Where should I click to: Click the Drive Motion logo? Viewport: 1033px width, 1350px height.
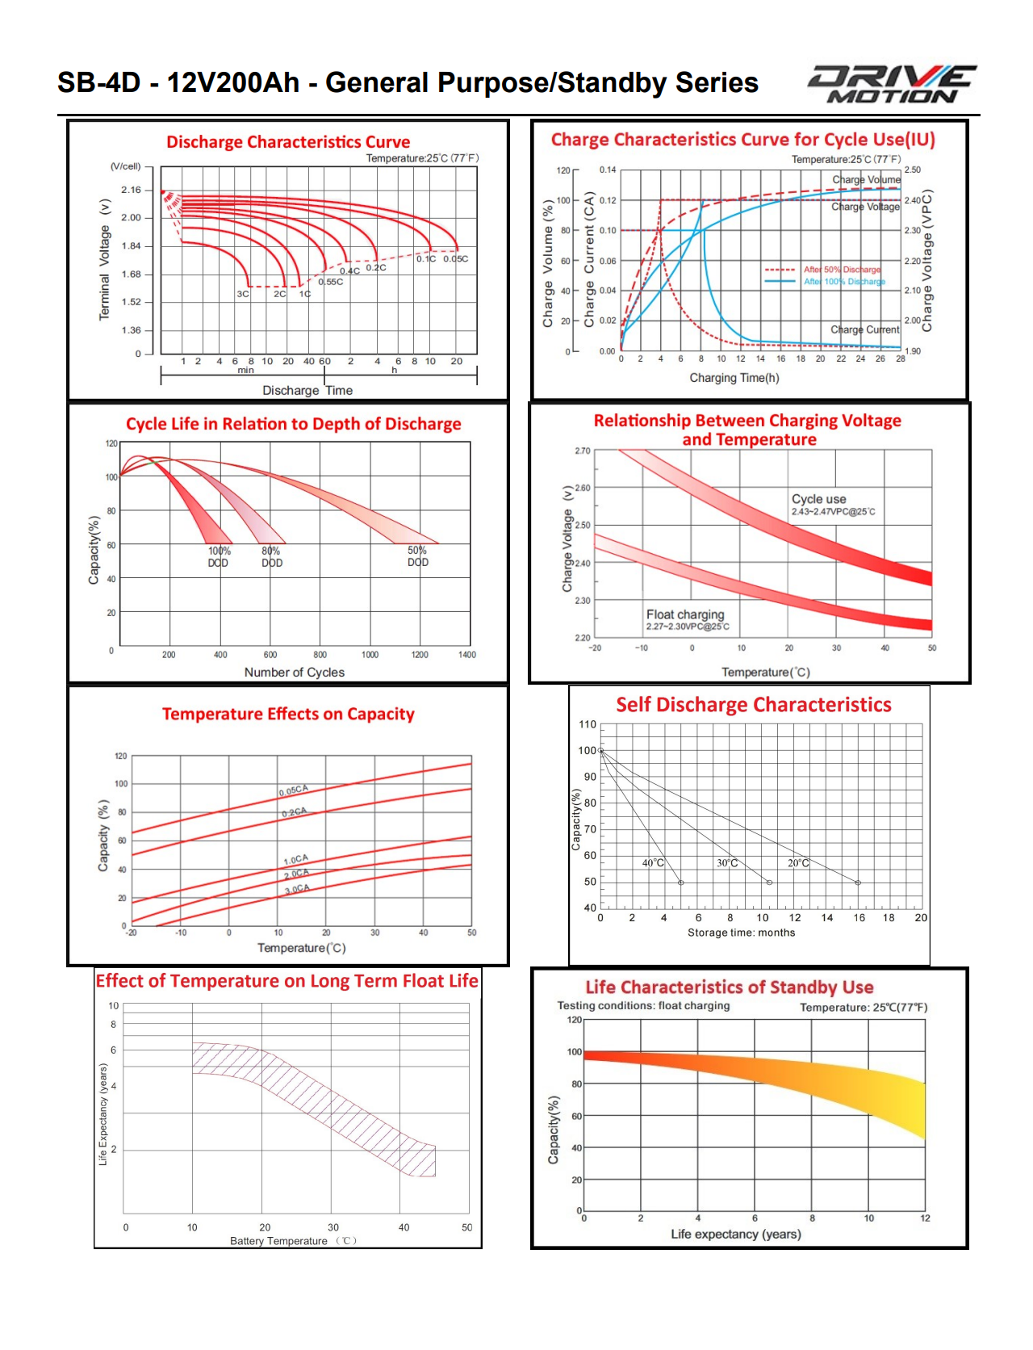[x=892, y=84]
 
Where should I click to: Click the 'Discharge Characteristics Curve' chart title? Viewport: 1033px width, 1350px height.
[x=288, y=142]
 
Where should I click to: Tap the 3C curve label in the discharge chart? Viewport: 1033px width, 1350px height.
[x=243, y=294]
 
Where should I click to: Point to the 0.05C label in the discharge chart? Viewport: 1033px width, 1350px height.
[x=455, y=259]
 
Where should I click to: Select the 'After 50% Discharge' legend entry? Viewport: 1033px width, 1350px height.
[x=842, y=270]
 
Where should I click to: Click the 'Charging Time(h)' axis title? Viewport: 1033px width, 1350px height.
[x=734, y=378]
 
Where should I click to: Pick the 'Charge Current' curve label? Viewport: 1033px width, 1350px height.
[x=864, y=329]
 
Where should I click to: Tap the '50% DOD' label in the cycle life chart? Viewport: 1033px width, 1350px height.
[x=417, y=556]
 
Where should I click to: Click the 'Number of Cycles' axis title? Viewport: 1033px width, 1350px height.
[x=294, y=673]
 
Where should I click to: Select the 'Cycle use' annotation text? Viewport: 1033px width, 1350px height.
[x=818, y=499]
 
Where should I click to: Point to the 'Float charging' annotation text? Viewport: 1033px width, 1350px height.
[x=685, y=614]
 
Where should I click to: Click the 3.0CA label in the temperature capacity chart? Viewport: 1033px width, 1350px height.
[x=297, y=889]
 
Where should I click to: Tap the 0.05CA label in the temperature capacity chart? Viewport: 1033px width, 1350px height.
[x=294, y=790]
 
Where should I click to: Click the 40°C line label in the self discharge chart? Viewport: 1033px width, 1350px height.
[x=653, y=863]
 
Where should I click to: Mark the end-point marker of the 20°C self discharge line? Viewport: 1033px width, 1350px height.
[x=858, y=883]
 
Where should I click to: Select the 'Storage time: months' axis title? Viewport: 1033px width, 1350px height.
[x=741, y=933]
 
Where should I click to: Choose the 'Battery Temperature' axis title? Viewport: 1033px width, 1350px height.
[x=278, y=1241]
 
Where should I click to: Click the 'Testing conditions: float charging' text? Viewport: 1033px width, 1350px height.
[x=643, y=1006]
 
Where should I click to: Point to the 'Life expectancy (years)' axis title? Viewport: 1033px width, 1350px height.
[x=735, y=1234]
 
